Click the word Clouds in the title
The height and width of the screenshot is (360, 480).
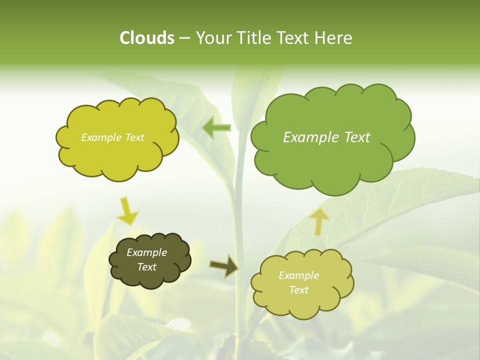[x=146, y=38]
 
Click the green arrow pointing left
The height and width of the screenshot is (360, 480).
[x=216, y=128]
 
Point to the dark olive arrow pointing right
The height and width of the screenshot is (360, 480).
[x=224, y=266]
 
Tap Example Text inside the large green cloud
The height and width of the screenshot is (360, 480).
[x=326, y=137]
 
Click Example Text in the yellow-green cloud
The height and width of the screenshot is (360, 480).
[x=112, y=137]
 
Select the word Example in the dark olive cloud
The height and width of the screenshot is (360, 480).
[x=146, y=252]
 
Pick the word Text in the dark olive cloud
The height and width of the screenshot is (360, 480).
[x=146, y=267]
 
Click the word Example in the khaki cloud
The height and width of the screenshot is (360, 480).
[x=298, y=275]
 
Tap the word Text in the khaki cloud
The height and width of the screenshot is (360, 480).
[x=298, y=290]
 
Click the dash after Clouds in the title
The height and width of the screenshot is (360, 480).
[x=184, y=38]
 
